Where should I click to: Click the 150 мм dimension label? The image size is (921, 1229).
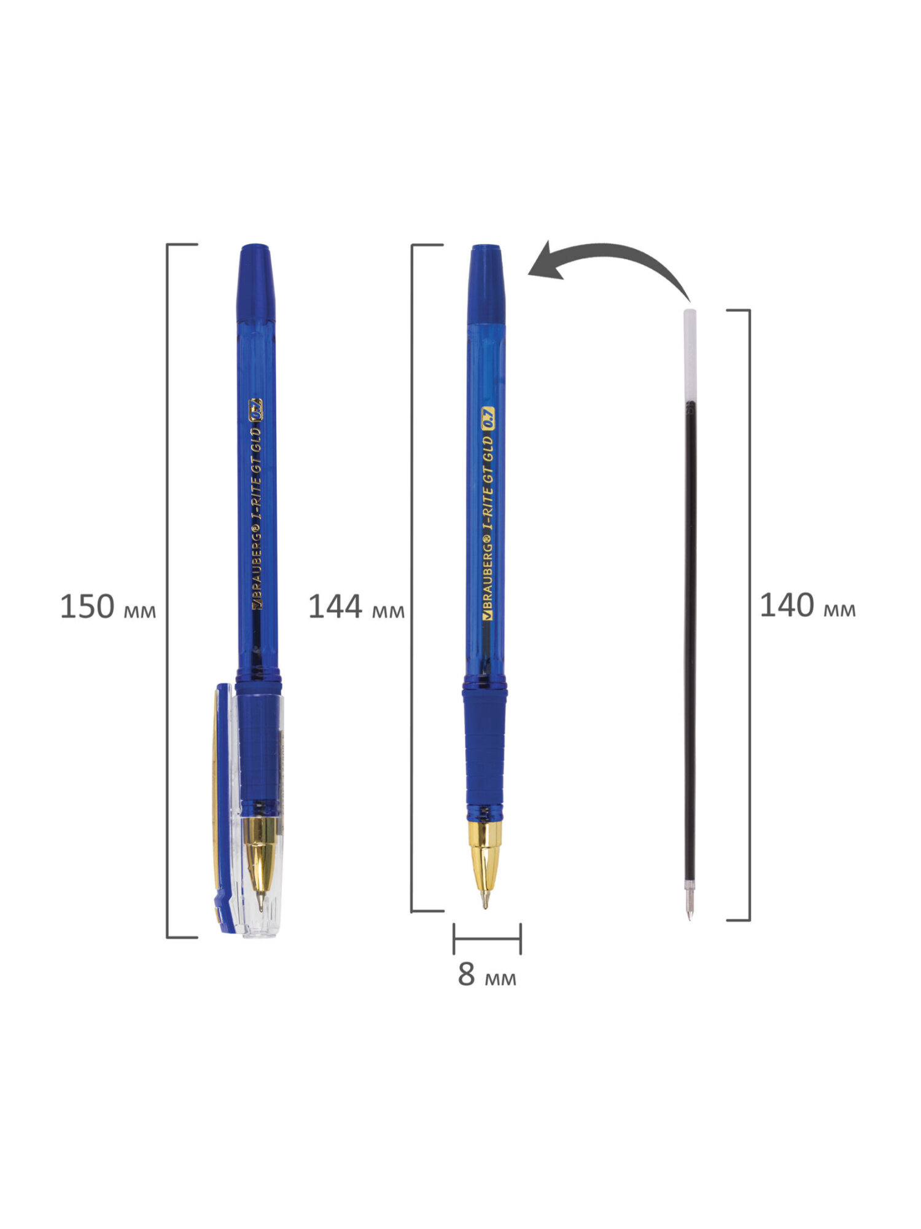coord(108,607)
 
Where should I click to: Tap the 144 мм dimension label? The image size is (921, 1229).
coord(356,607)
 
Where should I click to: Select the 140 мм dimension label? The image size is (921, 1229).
coord(807,606)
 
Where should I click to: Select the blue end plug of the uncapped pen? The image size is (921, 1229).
coord(486,284)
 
